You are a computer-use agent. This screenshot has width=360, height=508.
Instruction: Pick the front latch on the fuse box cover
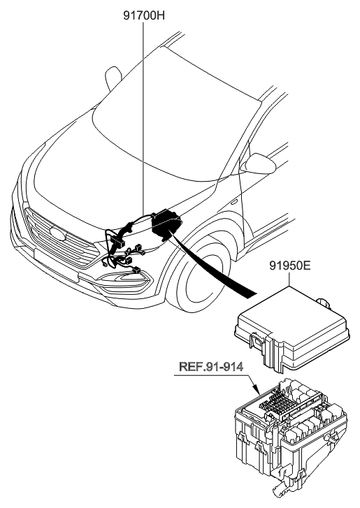(260, 342)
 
